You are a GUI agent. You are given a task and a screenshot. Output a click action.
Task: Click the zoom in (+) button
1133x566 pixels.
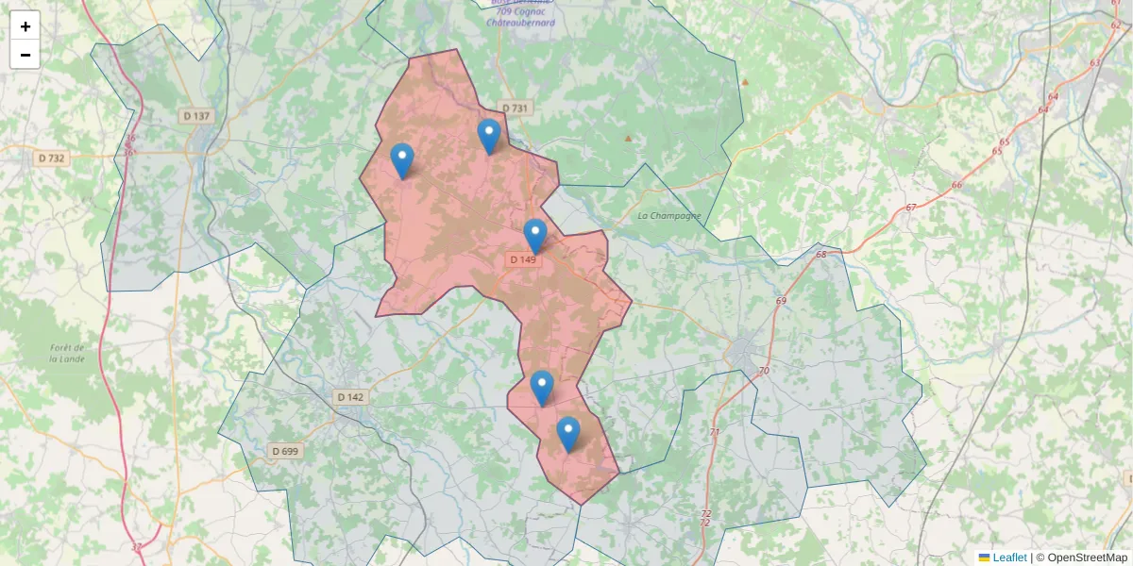(25, 26)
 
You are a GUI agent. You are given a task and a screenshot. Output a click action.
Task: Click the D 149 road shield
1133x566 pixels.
(522, 259)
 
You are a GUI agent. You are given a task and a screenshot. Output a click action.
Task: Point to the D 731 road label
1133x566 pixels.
(515, 108)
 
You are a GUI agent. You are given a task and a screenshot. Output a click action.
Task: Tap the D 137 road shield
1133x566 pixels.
(197, 116)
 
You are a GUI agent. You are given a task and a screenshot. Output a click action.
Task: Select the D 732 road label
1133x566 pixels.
(52, 158)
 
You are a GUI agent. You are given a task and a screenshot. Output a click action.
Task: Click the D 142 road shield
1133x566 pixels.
(350, 397)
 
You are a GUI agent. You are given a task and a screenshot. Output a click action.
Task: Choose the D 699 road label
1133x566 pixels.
(285, 451)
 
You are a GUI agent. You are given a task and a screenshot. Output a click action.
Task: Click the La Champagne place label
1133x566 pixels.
(669, 216)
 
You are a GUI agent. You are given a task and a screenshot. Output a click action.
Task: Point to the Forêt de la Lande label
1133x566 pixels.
(68, 353)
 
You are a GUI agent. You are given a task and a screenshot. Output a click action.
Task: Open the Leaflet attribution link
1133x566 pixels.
(1009, 558)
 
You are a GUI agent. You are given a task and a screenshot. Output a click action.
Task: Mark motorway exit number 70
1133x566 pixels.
(764, 371)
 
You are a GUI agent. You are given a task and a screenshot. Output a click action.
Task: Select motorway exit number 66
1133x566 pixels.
(957, 185)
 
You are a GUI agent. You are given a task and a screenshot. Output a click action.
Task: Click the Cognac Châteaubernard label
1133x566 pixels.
(520, 16)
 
